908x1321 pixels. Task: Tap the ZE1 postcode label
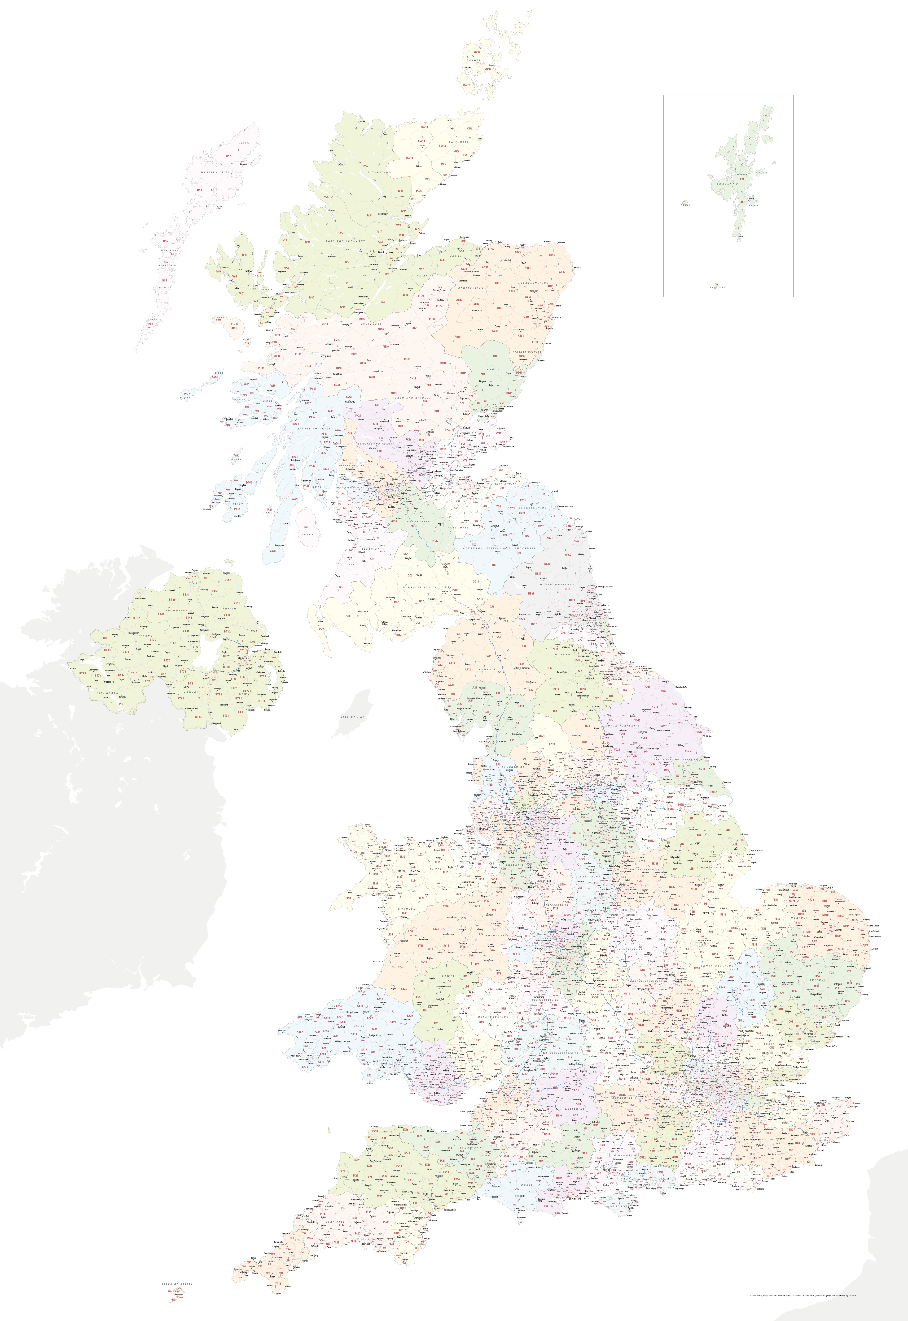(x=742, y=202)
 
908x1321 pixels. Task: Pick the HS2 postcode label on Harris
(x=228, y=156)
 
